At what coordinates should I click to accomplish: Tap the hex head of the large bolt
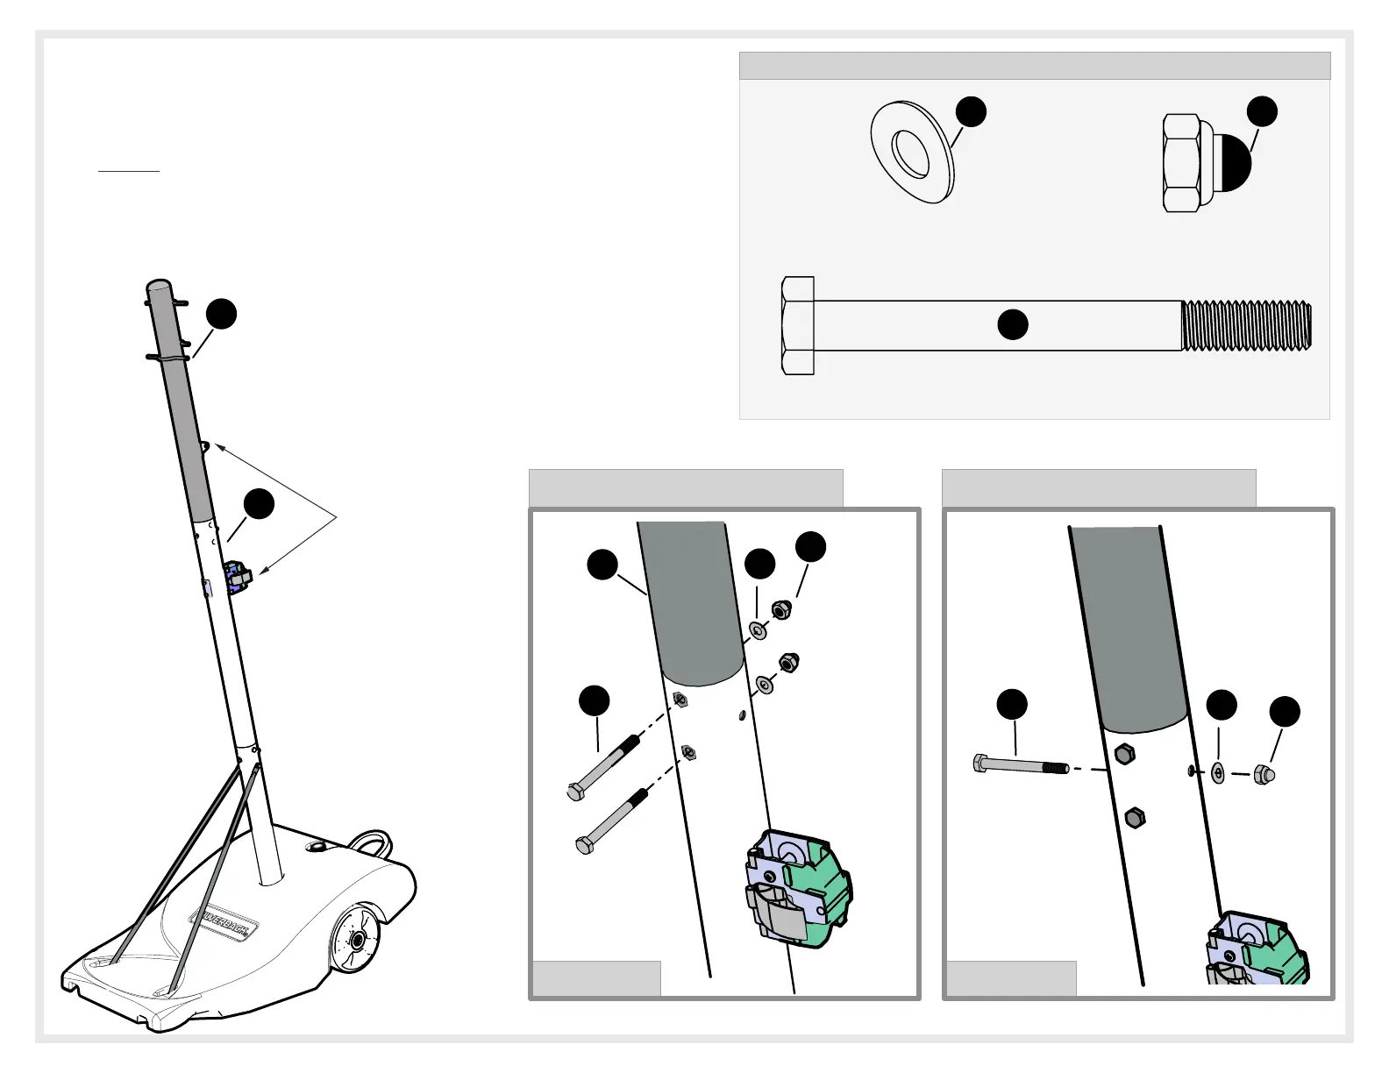(x=797, y=326)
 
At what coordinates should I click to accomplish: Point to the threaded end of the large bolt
(x=1246, y=326)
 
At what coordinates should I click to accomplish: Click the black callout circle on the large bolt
(x=1013, y=324)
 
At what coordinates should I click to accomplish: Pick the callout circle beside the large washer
(x=971, y=111)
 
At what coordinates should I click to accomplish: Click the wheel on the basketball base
(x=355, y=940)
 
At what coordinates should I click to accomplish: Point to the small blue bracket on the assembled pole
(x=236, y=577)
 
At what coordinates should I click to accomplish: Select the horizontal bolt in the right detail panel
(x=1020, y=765)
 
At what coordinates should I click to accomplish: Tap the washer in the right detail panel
(x=1218, y=773)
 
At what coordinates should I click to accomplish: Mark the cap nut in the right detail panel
(x=1263, y=774)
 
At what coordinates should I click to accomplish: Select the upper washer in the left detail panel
(x=759, y=630)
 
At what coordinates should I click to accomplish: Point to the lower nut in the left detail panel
(x=788, y=664)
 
